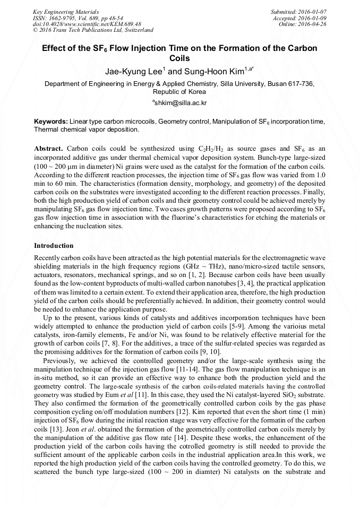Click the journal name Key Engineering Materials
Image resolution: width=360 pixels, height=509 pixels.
(62, 11)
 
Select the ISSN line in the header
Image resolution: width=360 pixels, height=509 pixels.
(71, 18)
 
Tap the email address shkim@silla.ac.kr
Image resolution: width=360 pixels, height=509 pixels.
(180, 102)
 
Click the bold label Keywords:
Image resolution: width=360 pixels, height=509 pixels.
(50, 122)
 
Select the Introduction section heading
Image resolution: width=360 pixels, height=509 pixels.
(54, 246)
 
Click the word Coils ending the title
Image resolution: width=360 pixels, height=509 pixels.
(179, 58)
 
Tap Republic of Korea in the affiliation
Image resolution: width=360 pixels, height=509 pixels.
(180, 91)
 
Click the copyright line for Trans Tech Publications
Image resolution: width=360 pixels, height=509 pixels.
(93, 30)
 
